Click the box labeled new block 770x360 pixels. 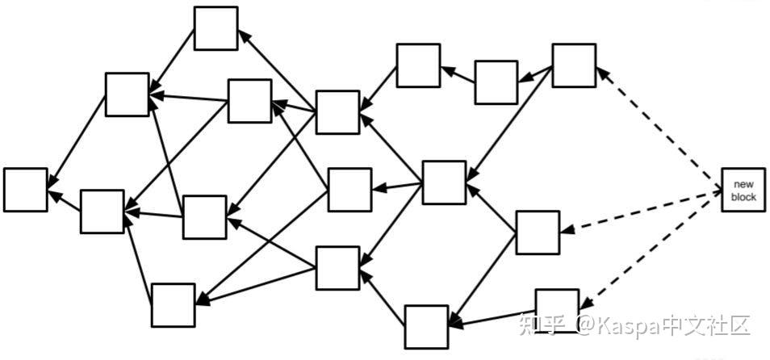click(743, 190)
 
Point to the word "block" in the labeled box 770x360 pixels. click(743, 197)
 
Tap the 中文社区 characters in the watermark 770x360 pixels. click(706, 325)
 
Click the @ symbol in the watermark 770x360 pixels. click(586, 326)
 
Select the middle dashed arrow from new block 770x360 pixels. click(642, 211)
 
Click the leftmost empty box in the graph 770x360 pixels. click(25, 190)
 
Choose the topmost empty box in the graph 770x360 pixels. click(216, 28)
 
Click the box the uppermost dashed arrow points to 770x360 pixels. click(574, 65)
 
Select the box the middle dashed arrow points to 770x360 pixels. click(538, 232)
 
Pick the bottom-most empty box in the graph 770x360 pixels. click(426, 327)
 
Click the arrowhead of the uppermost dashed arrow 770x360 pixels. click(601, 73)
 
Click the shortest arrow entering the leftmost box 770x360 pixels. click(65, 201)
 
